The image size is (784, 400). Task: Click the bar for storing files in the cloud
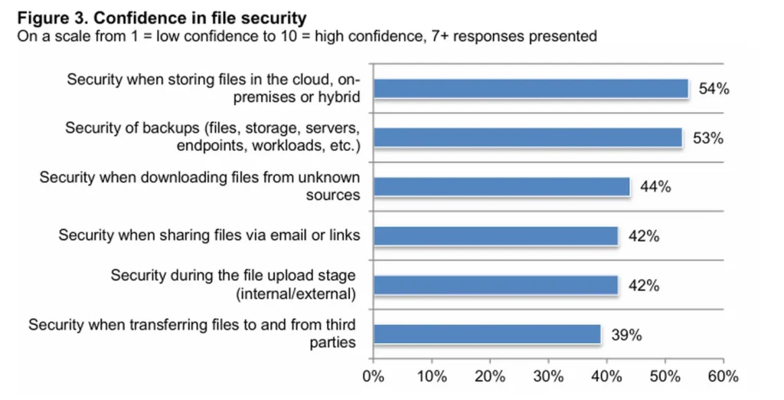(x=530, y=89)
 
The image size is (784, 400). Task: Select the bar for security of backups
(x=527, y=138)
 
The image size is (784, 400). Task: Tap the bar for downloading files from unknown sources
(x=501, y=187)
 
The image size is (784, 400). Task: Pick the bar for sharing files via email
(x=495, y=236)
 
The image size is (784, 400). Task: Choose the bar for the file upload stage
(x=495, y=285)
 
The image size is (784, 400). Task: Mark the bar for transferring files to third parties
(x=486, y=334)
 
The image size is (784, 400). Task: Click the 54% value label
(x=714, y=89)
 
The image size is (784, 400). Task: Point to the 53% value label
(x=707, y=138)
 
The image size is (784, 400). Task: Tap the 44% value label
(x=655, y=187)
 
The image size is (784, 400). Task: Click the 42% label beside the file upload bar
(x=643, y=285)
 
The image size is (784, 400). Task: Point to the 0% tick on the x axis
(x=373, y=376)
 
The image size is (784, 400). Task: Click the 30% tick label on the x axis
(x=548, y=376)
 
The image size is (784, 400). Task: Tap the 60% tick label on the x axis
(x=723, y=376)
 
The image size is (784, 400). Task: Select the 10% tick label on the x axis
(x=431, y=376)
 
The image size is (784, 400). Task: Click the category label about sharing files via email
(x=209, y=235)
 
